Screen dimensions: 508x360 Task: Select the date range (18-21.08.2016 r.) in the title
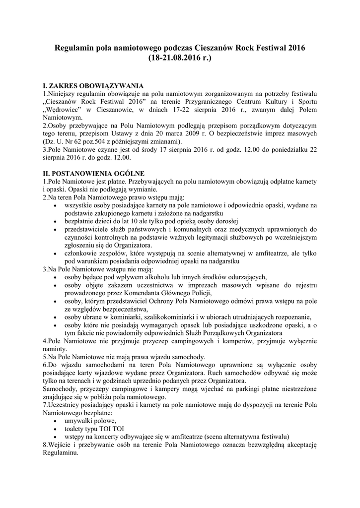(180, 58)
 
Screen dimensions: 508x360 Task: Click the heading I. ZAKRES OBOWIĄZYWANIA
(93, 85)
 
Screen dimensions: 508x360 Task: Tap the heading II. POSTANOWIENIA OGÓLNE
(94, 174)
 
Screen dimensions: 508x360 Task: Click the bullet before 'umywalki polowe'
(54, 421)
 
